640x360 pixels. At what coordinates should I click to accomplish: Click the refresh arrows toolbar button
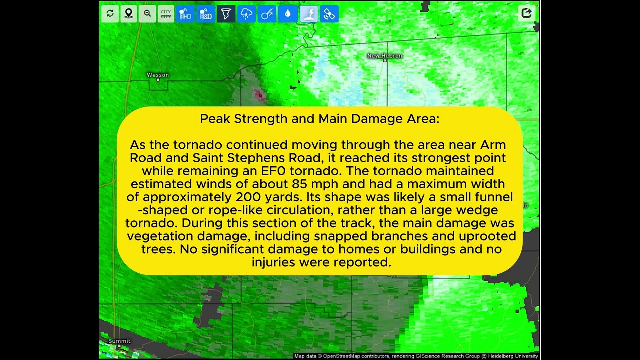(110, 13)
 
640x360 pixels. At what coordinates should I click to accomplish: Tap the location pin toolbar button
(129, 13)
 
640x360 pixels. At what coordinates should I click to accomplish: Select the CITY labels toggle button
(166, 13)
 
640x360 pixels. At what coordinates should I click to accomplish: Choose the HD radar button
(185, 13)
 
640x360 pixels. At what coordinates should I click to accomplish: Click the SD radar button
(205, 13)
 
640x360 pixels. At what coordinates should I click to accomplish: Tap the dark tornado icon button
(226, 13)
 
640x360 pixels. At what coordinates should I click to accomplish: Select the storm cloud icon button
(246, 13)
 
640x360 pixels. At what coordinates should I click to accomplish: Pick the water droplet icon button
(288, 13)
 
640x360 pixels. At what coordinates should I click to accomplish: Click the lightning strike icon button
(309, 13)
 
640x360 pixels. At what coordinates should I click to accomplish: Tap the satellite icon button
(329, 13)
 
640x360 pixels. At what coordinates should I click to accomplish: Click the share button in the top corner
(526, 13)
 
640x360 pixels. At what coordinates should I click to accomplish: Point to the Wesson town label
(158, 75)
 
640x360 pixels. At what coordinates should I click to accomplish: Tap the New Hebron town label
(385, 56)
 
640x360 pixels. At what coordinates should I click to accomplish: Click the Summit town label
(119, 341)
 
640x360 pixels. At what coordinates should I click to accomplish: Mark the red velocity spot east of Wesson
(259, 95)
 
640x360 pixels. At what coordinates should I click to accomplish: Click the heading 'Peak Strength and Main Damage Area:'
(319, 119)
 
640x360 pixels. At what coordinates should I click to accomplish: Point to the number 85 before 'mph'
(299, 184)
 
